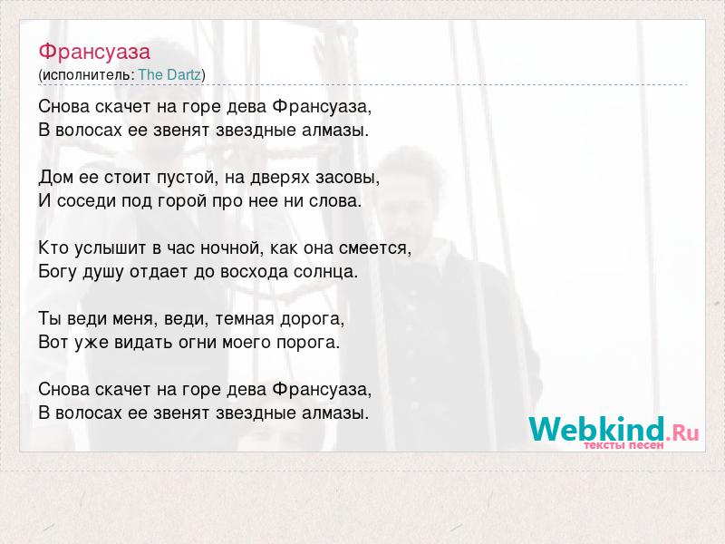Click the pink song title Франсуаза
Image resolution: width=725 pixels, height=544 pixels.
94,52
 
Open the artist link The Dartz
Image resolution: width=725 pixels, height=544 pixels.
169,74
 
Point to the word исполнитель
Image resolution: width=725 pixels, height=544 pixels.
87,75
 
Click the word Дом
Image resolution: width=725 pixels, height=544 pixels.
55,177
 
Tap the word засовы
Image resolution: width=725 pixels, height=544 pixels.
347,178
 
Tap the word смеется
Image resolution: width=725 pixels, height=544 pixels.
374,248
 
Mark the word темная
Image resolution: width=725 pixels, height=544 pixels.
245,319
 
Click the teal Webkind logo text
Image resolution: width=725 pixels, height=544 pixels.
596,428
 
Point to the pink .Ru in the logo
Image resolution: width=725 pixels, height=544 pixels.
682,433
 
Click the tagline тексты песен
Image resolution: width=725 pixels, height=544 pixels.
623,445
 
